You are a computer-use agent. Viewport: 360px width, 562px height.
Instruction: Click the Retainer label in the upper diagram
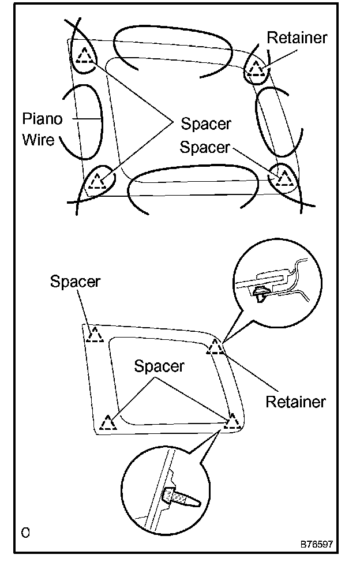(x=297, y=38)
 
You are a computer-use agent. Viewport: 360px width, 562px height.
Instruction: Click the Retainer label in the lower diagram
(x=295, y=402)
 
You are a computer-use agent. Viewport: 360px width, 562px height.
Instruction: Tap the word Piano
(x=42, y=119)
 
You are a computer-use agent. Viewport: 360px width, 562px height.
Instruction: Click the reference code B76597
(x=316, y=544)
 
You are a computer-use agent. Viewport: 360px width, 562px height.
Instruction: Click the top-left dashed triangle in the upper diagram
(x=85, y=55)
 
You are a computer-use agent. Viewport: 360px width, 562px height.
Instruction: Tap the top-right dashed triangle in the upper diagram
(x=256, y=69)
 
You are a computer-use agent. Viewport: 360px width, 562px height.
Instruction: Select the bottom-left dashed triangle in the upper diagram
(x=97, y=181)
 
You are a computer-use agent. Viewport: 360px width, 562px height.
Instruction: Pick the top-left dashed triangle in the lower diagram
(x=94, y=335)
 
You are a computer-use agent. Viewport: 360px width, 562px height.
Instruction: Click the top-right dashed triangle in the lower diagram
(x=216, y=347)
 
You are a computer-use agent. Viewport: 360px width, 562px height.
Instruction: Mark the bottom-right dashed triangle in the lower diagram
(x=232, y=421)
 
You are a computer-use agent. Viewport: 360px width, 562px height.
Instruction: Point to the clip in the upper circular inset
(x=261, y=293)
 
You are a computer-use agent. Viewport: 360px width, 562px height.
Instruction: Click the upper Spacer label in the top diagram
(x=206, y=123)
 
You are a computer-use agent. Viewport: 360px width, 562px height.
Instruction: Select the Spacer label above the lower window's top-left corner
(x=75, y=282)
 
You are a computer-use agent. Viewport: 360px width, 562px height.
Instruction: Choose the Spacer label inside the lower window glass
(x=159, y=366)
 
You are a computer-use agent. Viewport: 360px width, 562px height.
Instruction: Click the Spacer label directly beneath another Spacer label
(x=204, y=147)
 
